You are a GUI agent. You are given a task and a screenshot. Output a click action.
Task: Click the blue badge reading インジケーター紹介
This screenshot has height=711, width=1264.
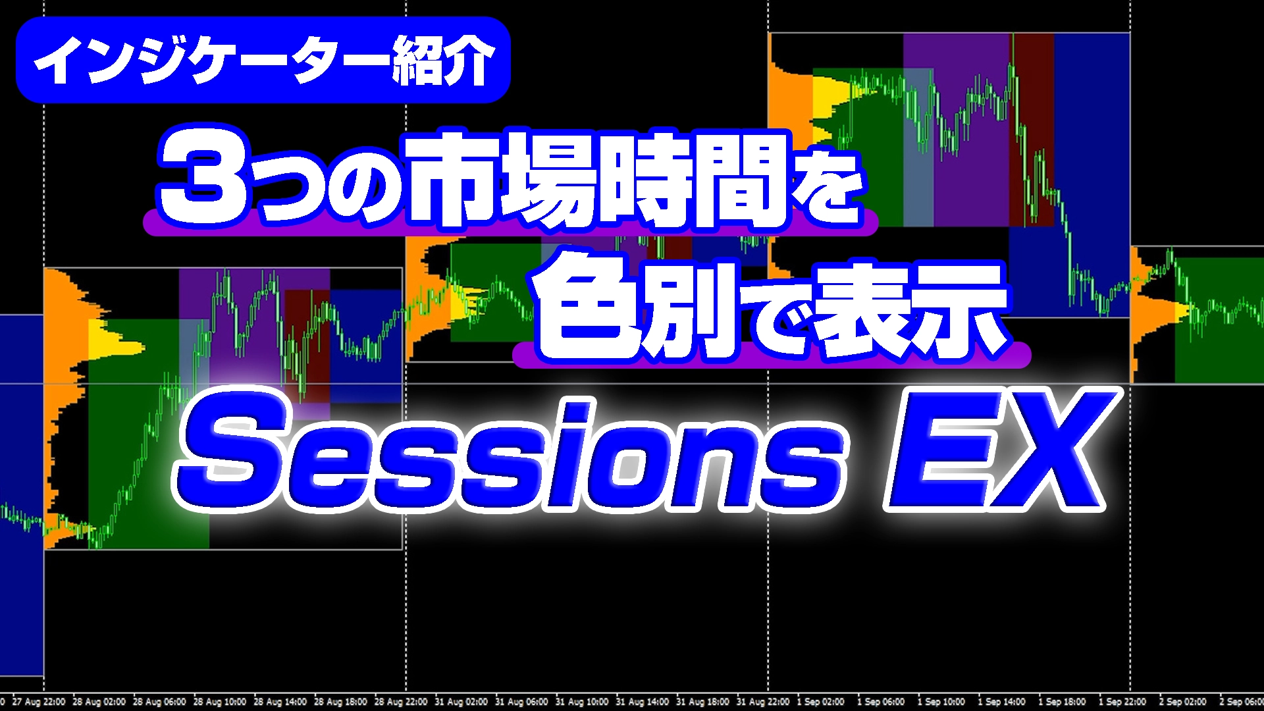[263, 60]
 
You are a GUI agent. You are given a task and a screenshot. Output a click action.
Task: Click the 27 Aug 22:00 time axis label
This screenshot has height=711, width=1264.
[39, 702]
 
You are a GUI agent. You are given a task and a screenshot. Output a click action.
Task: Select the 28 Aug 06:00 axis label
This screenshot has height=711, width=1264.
[159, 702]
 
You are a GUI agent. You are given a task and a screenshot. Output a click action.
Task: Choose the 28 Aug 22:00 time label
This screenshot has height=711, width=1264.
[401, 702]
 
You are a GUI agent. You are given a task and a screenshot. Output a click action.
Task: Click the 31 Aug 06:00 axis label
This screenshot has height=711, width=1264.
[521, 702]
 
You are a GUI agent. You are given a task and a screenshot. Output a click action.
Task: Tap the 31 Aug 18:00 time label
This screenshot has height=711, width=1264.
[702, 702]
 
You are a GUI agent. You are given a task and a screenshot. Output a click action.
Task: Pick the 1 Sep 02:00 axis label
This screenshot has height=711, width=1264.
[820, 702]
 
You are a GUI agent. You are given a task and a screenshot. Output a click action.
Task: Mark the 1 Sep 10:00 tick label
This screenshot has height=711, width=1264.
[941, 702]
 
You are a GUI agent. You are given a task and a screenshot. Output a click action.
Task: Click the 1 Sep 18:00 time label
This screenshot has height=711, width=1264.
[1062, 702]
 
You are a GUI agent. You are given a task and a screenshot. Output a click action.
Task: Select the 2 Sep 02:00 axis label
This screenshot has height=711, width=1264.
[1182, 702]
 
